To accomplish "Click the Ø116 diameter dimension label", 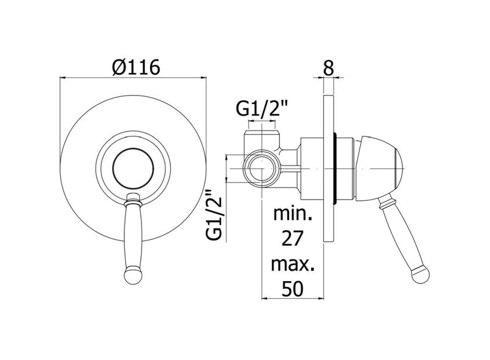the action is click(136, 67).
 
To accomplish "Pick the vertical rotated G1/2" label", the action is click(214, 215).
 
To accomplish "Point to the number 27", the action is click(293, 238).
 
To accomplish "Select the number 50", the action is click(293, 288).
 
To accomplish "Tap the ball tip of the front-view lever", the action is click(134, 275).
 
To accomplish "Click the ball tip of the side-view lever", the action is click(420, 274).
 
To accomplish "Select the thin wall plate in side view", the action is click(329, 168).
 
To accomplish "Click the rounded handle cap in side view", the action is click(381, 168).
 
